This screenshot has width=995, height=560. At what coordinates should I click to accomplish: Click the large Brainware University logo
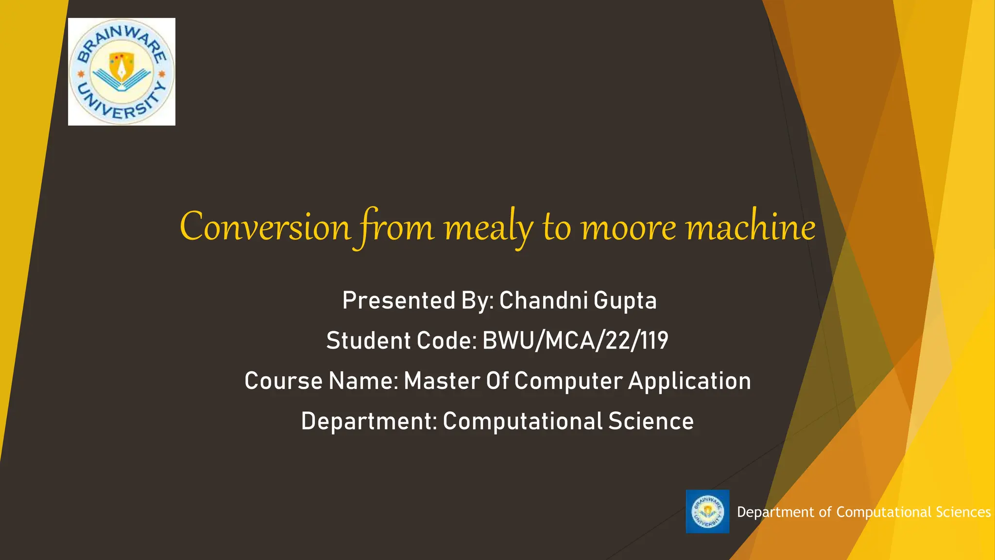[x=121, y=72]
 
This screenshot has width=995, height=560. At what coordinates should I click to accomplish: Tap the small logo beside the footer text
[x=707, y=511]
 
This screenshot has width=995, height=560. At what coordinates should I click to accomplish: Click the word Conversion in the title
[x=265, y=227]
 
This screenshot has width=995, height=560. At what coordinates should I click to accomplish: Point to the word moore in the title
[x=629, y=227]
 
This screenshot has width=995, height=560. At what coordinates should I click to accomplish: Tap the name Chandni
[x=544, y=300]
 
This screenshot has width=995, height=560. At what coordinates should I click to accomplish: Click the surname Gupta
[x=625, y=300]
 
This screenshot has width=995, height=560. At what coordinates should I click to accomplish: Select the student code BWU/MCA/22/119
[x=575, y=340]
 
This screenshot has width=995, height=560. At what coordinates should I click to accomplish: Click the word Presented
[x=399, y=300]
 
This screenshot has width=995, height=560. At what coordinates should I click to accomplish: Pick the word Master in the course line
[x=442, y=381]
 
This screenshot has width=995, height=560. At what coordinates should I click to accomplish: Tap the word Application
[x=689, y=381]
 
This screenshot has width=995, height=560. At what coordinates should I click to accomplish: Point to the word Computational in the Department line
[x=522, y=421]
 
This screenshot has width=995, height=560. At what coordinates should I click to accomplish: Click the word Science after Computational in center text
[x=651, y=421]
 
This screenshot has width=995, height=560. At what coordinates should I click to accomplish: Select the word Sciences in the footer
[x=963, y=512]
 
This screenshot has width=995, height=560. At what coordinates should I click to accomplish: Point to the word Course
[x=283, y=381]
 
